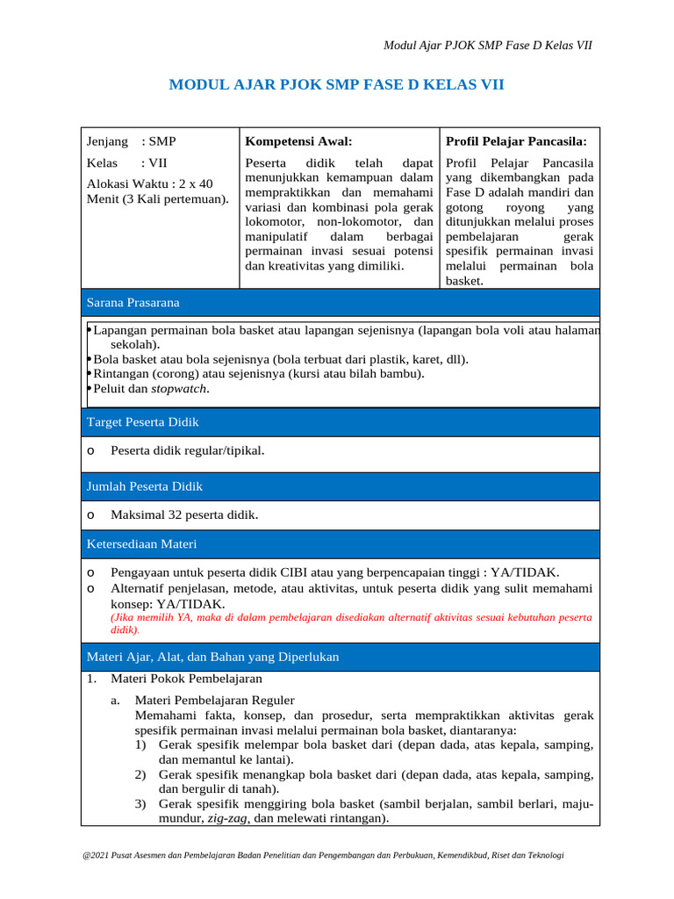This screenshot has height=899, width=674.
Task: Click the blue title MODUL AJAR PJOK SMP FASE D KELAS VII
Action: [x=336, y=85]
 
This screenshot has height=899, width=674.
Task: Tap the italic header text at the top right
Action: [x=489, y=45]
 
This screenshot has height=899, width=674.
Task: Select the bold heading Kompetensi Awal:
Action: [x=298, y=141]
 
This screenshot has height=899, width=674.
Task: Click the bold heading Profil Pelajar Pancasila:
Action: [x=517, y=141]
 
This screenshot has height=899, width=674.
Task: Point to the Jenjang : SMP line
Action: [x=131, y=141]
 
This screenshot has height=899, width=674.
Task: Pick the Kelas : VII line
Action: [x=126, y=163]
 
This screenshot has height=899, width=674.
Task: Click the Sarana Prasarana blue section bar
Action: [x=341, y=303]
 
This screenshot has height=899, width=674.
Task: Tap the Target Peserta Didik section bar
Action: [x=341, y=422]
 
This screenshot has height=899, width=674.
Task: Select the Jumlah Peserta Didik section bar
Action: [x=341, y=486]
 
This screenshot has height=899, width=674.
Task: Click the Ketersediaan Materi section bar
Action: [x=341, y=544]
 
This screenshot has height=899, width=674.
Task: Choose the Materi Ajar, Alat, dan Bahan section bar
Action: [x=341, y=657]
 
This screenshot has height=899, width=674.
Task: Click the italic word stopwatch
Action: [x=180, y=389]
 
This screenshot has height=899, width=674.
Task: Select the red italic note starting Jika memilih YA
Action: [x=350, y=623]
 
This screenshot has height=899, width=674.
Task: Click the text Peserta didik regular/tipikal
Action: [x=187, y=451]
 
